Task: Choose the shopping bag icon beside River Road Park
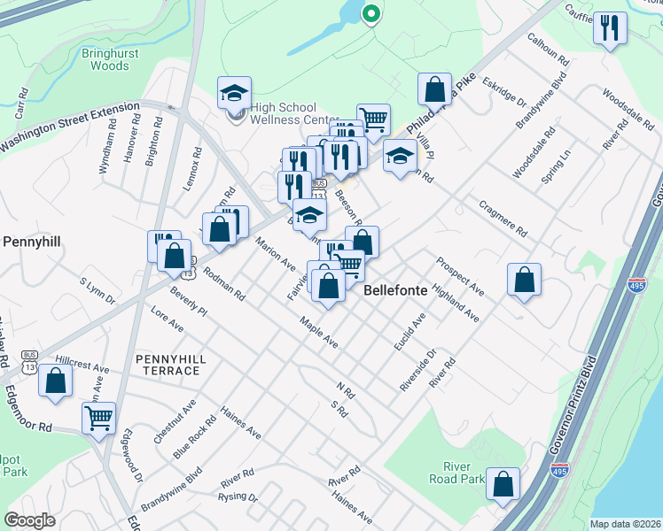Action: (x=503, y=484)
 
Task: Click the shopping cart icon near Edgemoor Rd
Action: (x=98, y=416)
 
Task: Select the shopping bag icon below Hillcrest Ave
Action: (x=55, y=381)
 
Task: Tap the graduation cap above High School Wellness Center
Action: (x=234, y=92)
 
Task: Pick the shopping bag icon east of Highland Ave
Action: (x=524, y=279)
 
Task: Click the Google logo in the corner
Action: (x=30, y=519)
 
